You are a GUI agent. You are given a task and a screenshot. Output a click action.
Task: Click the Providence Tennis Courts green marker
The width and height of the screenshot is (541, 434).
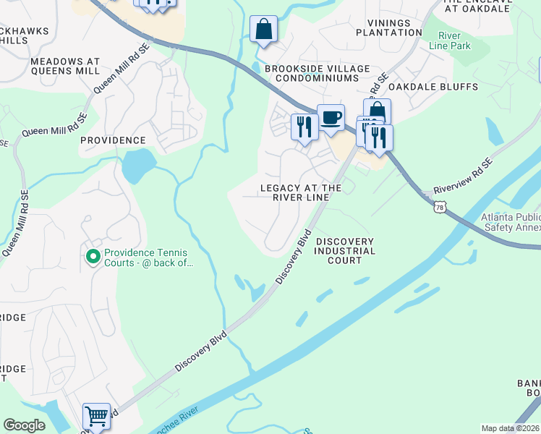[93, 257]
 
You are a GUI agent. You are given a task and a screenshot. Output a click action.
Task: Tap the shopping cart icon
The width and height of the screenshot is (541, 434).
[96, 416]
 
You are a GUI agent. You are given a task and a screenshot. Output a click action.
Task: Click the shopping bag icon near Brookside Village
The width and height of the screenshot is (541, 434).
[264, 30]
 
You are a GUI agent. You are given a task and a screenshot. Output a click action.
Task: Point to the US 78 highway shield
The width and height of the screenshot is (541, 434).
[440, 208]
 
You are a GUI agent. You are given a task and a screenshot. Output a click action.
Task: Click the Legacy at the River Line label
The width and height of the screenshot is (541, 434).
[300, 193]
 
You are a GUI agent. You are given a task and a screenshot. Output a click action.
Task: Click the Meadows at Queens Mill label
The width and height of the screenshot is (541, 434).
[65, 67]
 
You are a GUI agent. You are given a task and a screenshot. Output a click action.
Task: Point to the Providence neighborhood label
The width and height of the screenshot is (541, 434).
[113, 140]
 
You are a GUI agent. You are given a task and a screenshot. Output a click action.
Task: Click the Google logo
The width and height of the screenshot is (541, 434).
[24, 425]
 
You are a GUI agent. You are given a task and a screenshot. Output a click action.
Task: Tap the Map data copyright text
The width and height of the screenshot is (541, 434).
[511, 428]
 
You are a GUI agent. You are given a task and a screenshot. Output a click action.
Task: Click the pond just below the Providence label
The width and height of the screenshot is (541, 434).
[137, 167]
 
